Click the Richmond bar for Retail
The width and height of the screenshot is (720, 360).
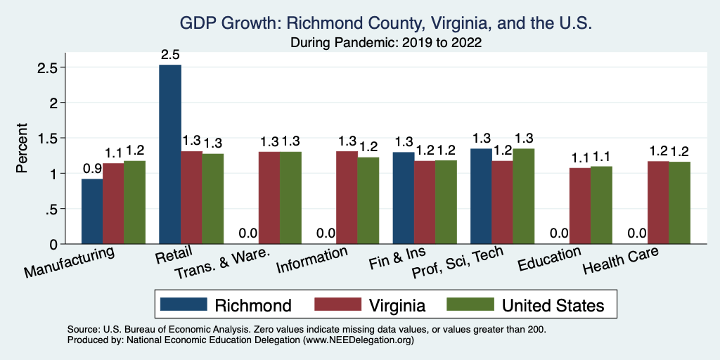click(x=170, y=154)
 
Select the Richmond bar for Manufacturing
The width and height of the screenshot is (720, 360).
click(x=92, y=211)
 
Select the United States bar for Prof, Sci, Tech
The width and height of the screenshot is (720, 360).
click(x=523, y=196)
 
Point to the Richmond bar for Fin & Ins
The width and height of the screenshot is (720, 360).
click(x=404, y=198)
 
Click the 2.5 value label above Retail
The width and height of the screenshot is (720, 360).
click(x=170, y=54)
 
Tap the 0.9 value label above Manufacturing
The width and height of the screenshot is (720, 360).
click(x=92, y=169)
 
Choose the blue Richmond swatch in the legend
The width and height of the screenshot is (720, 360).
click(x=184, y=304)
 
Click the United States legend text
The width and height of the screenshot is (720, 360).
click(x=553, y=305)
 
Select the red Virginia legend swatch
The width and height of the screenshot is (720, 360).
click(x=336, y=304)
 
